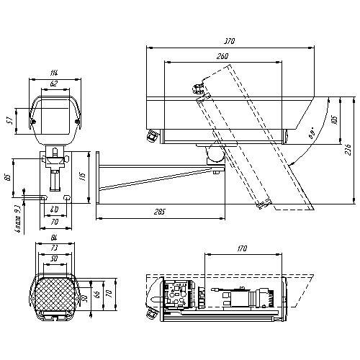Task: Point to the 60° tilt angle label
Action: (x=311, y=134)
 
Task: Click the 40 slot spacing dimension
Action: (x=54, y=210)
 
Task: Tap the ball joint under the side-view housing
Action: (x=214, y=153)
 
